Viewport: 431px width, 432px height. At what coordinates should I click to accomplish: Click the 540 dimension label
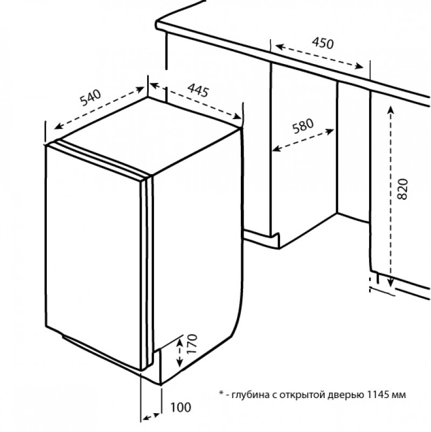(x=91, y=98)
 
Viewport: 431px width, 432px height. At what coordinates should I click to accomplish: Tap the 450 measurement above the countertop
(x=323, y=43)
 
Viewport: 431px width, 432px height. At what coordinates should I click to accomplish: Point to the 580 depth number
(x=303, y=126)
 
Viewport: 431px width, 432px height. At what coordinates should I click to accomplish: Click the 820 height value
(x=402, y=189)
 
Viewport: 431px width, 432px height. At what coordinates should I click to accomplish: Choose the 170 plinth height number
(x=192, y=344)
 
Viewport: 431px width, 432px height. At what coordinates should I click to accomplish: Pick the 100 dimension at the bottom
(x=180, y=407)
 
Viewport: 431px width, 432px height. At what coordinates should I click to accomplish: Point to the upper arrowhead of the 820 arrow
(x=391, y=110)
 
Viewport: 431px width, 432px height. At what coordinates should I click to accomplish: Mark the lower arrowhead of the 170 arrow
(x=180, y=363)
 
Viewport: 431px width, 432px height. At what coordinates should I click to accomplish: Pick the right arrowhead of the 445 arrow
(x=237, y=116)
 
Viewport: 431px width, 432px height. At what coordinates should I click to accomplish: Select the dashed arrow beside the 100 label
(x=151, y=417)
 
